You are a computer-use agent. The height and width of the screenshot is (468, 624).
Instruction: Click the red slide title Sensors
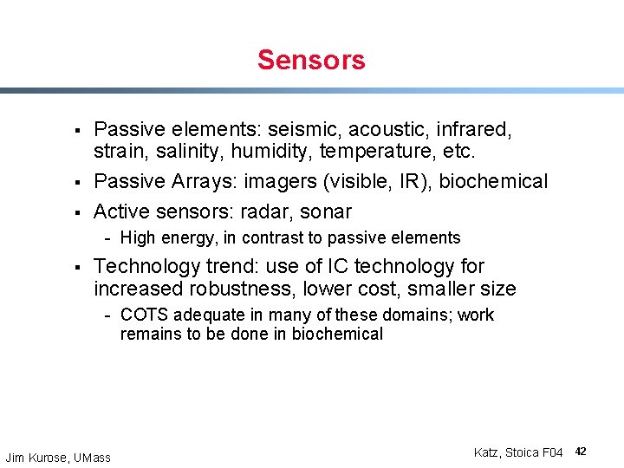(x=311, y=60)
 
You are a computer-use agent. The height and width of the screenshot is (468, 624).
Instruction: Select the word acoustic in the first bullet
(x=390, y=130)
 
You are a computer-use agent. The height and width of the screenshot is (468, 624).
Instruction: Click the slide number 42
(x=581, y=452)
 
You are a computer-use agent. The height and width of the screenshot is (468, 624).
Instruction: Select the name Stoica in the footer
(x=522, y=452)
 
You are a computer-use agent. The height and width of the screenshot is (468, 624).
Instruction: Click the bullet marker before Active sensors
(x=77, y=212)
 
